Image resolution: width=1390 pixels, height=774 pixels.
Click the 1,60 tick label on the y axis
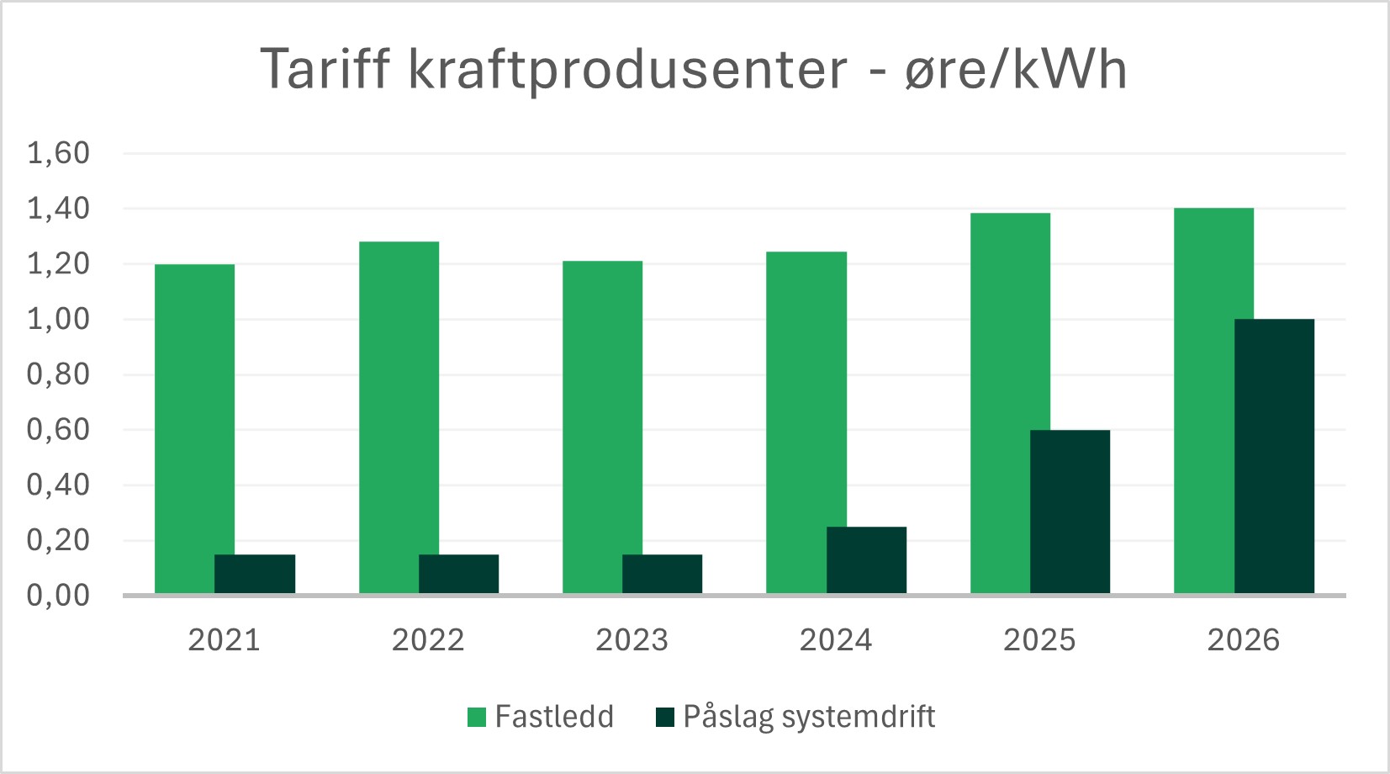click(x=58, y=153)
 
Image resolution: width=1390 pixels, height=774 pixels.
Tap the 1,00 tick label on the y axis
click(x=58, y=319)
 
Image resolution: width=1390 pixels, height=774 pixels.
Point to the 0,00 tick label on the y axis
click(x=58, y=596)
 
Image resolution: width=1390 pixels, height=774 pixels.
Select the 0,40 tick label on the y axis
click(x=58, y=485)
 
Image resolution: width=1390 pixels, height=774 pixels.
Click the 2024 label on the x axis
click(x=836, y=640)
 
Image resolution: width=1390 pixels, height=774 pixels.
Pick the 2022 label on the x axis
click(x=428, y=640)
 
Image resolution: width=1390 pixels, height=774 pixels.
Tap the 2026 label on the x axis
click(x=1243, y=640)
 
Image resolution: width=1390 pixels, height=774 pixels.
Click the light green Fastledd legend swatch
click(x=477, y=718)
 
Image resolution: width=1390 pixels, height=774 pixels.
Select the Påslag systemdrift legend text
click(x=808, y=717)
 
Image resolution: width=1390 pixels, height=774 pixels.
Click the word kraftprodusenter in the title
click(x=627, y=69)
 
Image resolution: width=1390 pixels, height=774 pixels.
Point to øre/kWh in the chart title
click(x=1015, y=69)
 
